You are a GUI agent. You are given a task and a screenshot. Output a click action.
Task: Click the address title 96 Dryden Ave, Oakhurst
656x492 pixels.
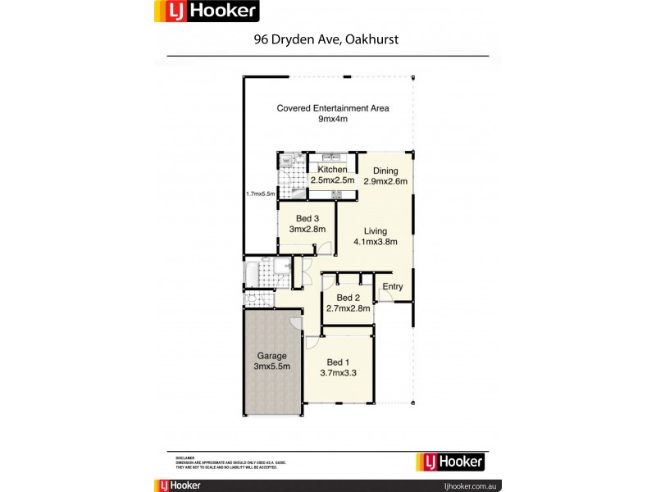(x=327, y=38)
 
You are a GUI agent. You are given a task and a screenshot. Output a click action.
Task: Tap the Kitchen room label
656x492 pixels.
(x=332, y=170)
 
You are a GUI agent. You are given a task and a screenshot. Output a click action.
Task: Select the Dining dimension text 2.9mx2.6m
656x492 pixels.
(x=385, y=181)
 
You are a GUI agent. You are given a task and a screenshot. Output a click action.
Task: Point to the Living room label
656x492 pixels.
(x=376, y=231)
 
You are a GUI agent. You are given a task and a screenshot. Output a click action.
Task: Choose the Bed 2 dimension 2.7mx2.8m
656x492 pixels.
(x=348, y=309)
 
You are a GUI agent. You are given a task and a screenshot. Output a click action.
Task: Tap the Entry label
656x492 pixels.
(x=393, y=286)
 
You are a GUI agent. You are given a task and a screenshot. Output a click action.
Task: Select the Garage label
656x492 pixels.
(x=272, y=356)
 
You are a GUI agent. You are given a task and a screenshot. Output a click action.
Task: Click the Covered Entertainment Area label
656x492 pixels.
(x=332, y=108)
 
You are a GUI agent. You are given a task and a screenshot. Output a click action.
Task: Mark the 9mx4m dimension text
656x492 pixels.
(x=333, y=119)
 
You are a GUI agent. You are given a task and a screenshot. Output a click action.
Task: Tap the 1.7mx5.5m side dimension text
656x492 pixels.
(x=259, y=194)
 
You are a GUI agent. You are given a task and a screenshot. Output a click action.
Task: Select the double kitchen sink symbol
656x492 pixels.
(x=331, y=157)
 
